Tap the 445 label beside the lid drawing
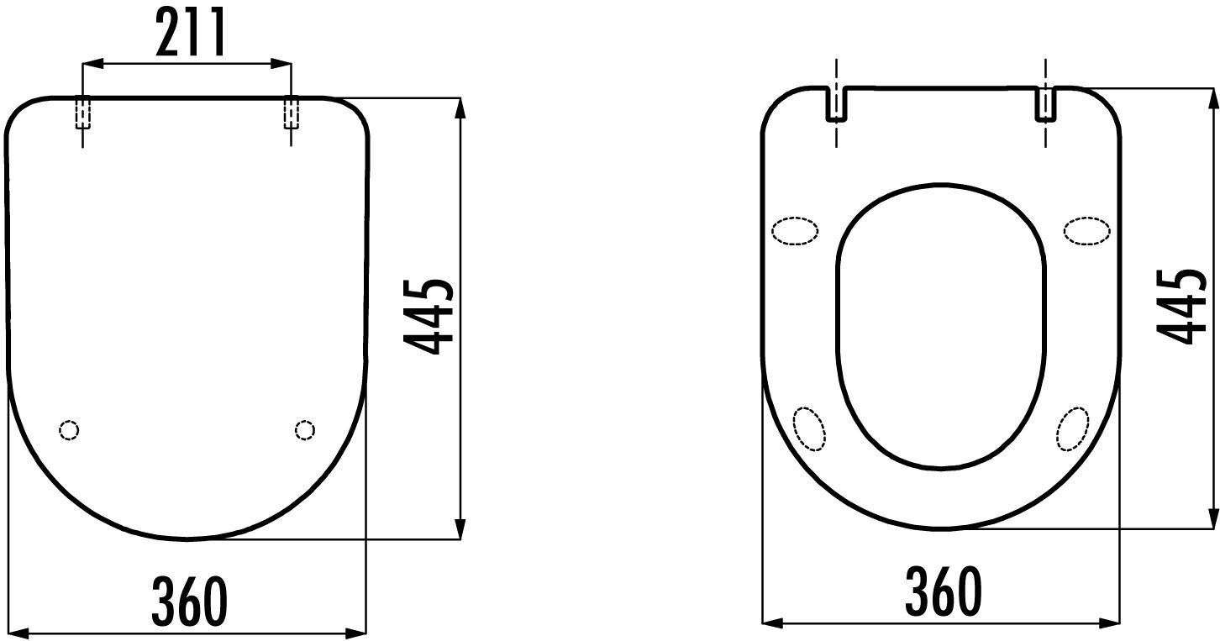429,317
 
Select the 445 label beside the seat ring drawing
1182,307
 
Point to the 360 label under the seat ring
943,591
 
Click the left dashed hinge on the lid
82,113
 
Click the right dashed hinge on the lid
291,113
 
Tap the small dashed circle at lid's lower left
70,430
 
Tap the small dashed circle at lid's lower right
305,430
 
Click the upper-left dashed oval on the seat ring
794,231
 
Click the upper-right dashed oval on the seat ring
1087,231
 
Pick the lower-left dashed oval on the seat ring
810,428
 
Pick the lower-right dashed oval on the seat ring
1073,428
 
